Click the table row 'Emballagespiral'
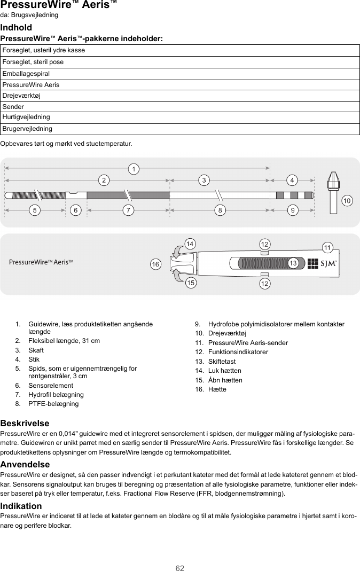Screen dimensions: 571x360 pyautogui.click(x=179, y=74)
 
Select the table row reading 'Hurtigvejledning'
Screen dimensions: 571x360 pyautogui.click(x=179, y=117)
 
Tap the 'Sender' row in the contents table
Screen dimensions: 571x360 pyautogui.click(x=179, y=107)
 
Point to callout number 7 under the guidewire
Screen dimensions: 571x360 pyautogui.click(x=128, y=210)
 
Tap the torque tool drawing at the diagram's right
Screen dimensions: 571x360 pyautogui.click(x=333, y=192)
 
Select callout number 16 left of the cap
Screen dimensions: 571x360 pyautogui.click(x=155, y=264)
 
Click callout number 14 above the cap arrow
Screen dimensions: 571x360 pyautogui.click(x=189, y=244)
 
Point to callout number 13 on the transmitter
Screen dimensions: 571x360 pyautogui.click(x=293, y=263)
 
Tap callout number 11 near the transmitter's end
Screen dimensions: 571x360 pyautogui.click(x=327, y=247)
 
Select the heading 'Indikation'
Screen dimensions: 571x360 pyautogui.click(x=21, y=506)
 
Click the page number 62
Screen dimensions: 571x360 pyautogui.click(x=180, y=568)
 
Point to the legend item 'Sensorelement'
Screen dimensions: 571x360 pyautogui.click(x=51, y=386)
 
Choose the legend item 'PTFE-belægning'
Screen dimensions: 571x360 pyautogui.click(x=53, y=404)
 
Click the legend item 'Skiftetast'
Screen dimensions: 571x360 pyautogui.click(x=222, y=362)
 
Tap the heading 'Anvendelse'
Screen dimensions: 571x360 pyautogui.click(x=25, y=464)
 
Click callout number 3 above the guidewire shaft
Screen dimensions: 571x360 pyautogui.click(x=204, y=180)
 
